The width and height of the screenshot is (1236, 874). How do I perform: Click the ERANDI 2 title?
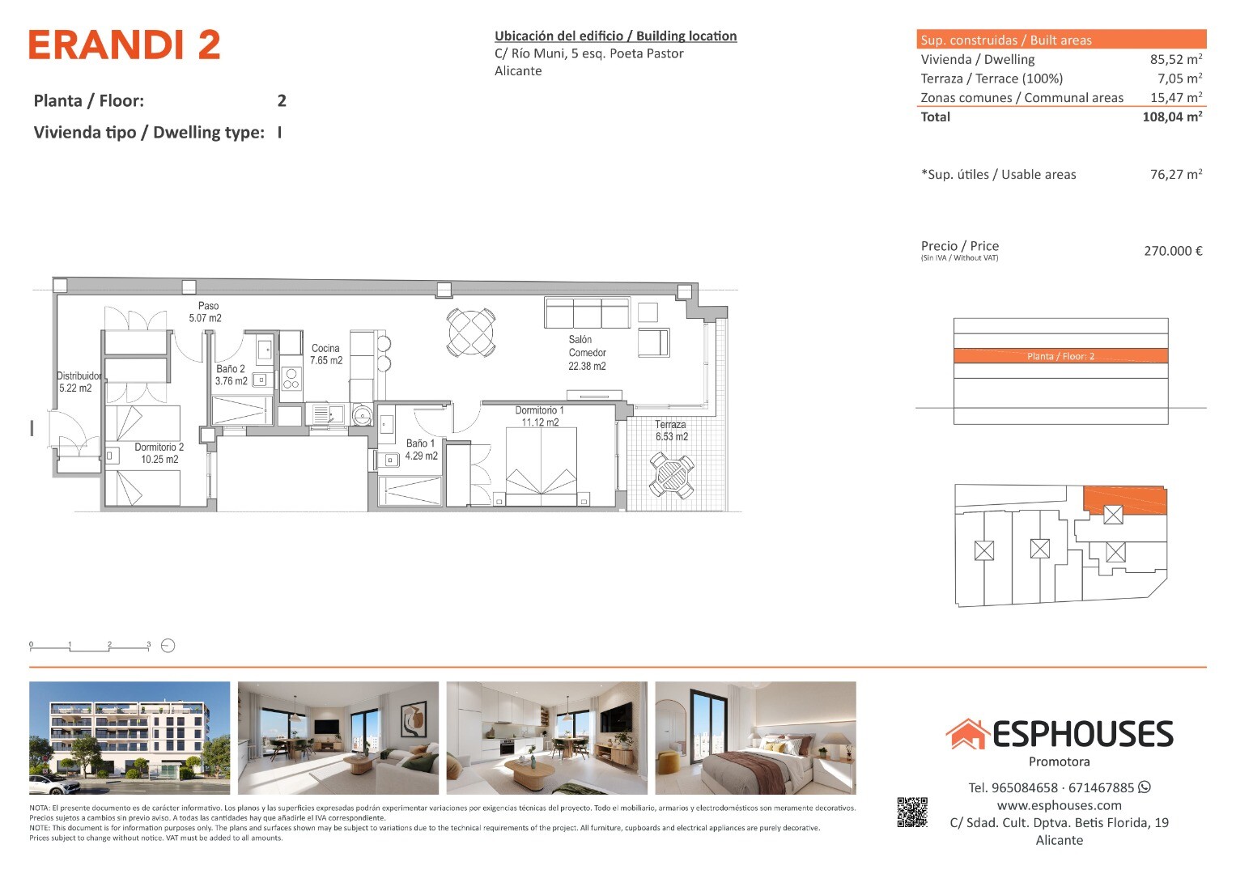pos(125,45)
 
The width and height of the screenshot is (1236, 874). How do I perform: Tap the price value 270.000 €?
pos(1173,251)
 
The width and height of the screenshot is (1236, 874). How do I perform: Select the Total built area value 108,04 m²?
pos(1172,117)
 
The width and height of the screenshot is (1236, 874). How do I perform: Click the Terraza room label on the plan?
pos(672,431)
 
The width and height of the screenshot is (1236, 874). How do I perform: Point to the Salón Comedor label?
pos(587,353)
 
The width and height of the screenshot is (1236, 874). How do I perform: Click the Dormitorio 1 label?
pos(540,416)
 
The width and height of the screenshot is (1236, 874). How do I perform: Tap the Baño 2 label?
pos(231,375)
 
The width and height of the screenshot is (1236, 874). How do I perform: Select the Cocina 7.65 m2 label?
pos(326,354)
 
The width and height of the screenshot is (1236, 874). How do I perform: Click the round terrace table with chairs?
pos(672,474)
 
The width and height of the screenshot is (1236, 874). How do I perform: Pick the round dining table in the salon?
pos(471,332)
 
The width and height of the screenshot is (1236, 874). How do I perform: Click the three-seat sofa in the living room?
pos(587,313)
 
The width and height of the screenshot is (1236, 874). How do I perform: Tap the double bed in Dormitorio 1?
pos(542,466)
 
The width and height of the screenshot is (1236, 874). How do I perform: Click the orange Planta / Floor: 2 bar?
pos(1060,356)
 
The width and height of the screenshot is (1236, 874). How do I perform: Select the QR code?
pos(912,812)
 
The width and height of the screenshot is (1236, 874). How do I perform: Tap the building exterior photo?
pos(130,738)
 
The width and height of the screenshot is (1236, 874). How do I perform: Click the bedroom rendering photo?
pos(755,738)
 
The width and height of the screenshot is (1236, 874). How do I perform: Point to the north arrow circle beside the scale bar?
pos(168,646)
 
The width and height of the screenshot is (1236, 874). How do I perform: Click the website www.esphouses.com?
pos(1059,805)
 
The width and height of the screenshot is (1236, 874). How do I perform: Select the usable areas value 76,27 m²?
pos(1176,174)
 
